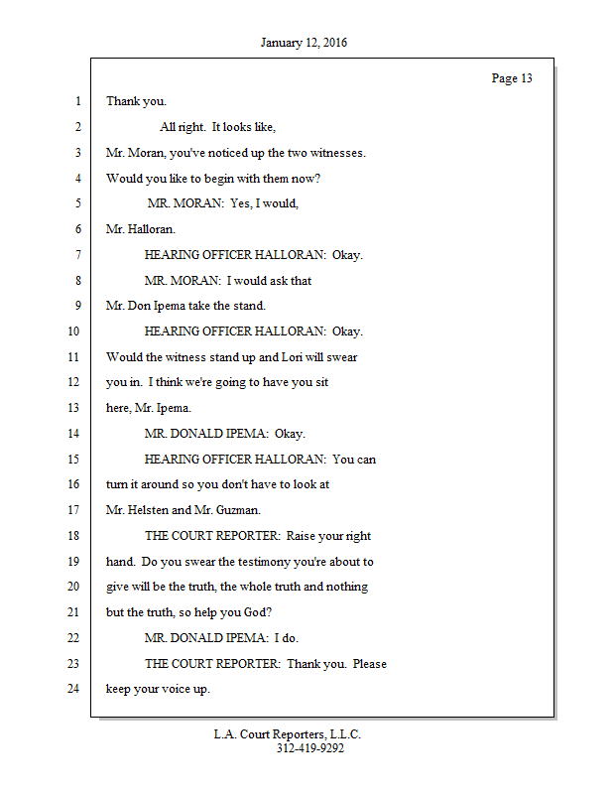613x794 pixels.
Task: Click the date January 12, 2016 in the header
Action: [304, 43]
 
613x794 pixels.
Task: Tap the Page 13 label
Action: [512, 78]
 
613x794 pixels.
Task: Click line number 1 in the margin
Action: [76, 101]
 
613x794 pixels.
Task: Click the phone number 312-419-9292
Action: [309, 748]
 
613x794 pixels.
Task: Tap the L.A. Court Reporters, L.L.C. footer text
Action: [288, 734]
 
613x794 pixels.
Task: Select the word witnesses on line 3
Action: [337, 153]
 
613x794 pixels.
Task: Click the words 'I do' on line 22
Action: [286, 638]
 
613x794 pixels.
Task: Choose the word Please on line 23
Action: [367, 664]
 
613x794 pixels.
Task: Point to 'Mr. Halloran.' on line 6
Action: [141, 229]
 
